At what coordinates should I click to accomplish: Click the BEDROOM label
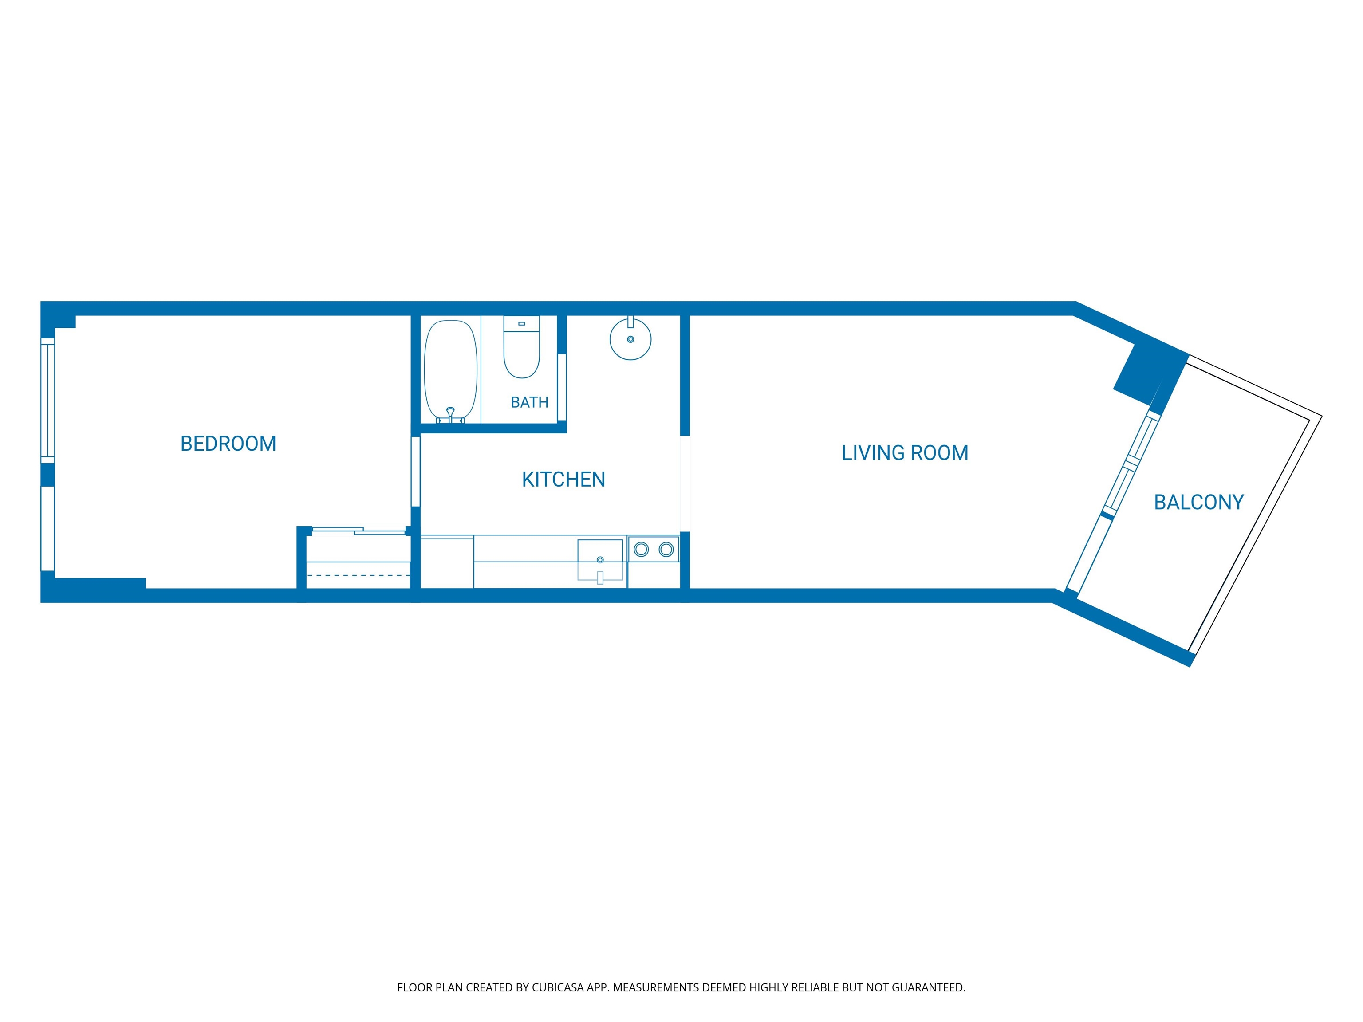click(228, 444)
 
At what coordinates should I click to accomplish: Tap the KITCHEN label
click(563, 479)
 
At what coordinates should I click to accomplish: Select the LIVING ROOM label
click(905, 453)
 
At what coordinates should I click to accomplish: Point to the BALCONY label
click(1198, 502)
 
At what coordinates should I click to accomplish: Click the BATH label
click(529, 402)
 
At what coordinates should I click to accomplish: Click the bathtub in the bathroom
click(450, 371)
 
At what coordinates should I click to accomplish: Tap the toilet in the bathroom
click(521, 347)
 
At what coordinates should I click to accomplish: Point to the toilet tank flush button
click(521, 323)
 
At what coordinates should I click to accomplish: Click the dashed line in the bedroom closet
click(358, 575)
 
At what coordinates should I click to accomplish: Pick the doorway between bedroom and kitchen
click(415, 471)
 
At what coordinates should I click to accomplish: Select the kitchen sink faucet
click(600, 577)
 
